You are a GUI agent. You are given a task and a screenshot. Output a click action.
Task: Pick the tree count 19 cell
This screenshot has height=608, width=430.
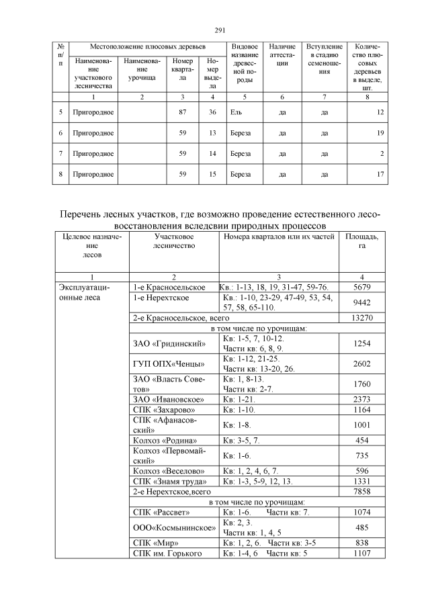(x=380, y=133)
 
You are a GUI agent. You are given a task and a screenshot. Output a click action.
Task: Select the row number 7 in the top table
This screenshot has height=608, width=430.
(x=60, y=154)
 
